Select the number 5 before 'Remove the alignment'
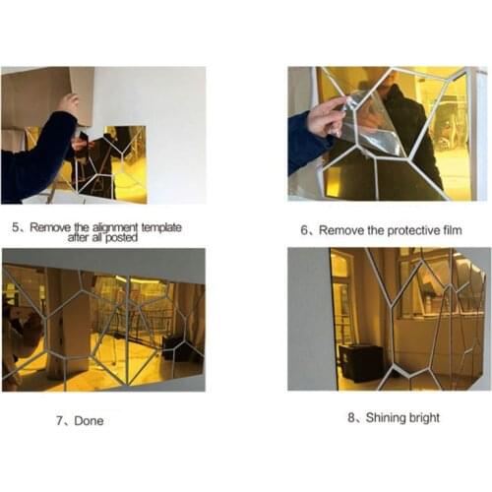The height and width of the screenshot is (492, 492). point(16,226)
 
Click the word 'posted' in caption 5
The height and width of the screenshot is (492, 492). point(134,237)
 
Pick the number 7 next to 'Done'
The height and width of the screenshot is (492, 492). point(61,421)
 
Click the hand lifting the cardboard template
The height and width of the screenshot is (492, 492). point(68,104)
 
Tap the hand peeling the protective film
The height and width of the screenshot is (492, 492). point(327,118)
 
